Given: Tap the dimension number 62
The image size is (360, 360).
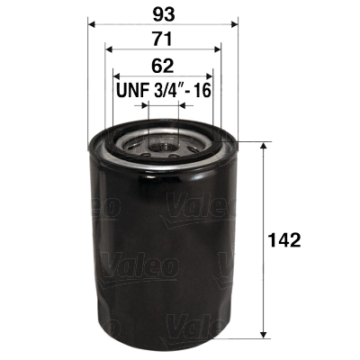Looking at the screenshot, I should click(163, 65).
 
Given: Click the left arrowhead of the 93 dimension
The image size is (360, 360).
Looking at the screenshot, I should click(91, 25).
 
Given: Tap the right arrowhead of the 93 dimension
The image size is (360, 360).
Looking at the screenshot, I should click(235, 25).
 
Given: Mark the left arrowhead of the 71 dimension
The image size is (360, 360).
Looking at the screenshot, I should click(109, 50).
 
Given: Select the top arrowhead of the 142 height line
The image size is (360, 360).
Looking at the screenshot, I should click(262, 146).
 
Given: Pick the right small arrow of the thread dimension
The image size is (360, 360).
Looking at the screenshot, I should click(183, 105).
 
